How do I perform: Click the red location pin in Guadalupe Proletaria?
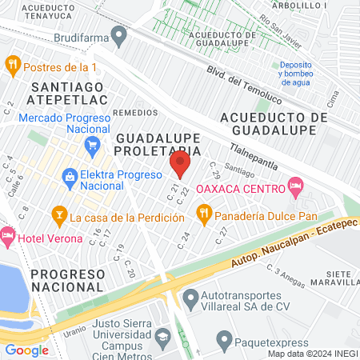coord(180,164)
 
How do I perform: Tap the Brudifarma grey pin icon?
coord(119,36)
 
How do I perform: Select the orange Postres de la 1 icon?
coord(13,65)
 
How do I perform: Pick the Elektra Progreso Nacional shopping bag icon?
coord(70,175)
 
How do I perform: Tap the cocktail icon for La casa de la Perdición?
coord(58,214)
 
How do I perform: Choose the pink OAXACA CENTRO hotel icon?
coord(295,187)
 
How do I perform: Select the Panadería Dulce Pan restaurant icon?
coord(204,213)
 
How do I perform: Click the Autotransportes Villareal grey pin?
coord(190,299)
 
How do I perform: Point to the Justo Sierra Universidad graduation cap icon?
coord(163,338)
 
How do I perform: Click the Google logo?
coord(26,350)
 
